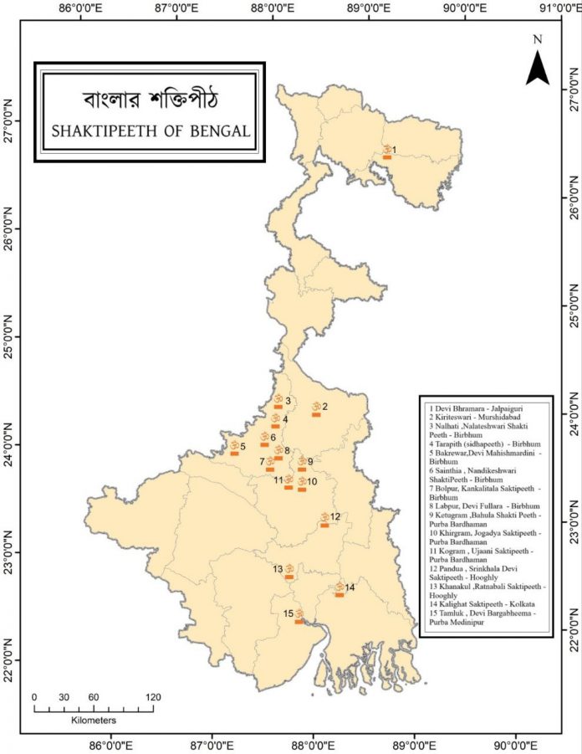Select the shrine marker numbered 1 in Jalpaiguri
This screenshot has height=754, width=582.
click(x=387, y=151)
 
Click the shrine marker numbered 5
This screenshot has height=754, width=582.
click(x=235, y=448)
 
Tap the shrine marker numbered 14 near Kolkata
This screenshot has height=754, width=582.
click(x=339, y=590)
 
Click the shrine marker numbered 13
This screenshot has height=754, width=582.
click(x=289, y=572)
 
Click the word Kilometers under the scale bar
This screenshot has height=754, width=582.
click(x=93, y=720)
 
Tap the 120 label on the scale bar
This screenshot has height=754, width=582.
click(x=153, y=697)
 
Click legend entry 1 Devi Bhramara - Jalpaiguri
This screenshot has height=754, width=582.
click(x=467, y=408)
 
